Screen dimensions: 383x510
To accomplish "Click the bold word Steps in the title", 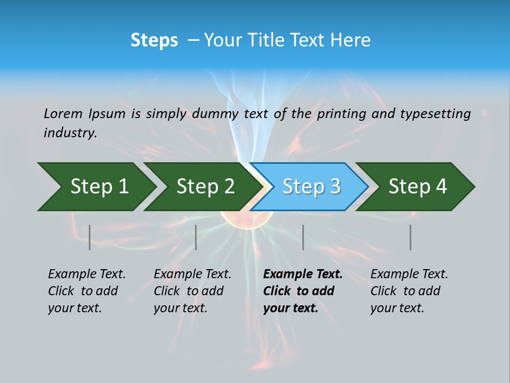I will tap(154, 40).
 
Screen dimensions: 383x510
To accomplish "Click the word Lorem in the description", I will tap(63, 113).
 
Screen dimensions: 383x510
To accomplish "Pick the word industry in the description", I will tap(70, 133).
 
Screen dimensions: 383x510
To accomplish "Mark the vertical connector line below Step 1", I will tap(90, 237).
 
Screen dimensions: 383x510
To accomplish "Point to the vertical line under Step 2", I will tap(196, 237).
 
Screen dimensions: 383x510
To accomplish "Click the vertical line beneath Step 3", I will tap(303, 237).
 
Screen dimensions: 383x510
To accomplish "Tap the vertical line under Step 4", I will tap(410, 237).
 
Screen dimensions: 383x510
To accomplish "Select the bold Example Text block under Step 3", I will tap(302, 291).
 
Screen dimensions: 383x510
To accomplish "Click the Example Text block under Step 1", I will tap(87, 291).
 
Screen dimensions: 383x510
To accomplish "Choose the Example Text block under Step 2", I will tap(192, 291).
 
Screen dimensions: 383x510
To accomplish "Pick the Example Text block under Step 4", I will tap(409, 291).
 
